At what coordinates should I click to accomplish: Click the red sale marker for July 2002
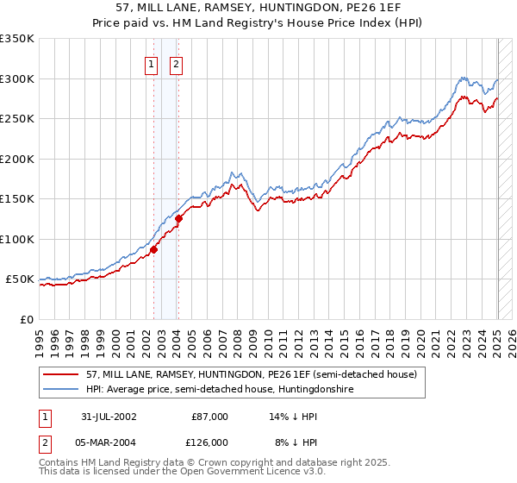pos(153,249)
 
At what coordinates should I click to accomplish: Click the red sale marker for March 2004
pos(178,218)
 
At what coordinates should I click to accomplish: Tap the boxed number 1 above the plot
pos(152,63)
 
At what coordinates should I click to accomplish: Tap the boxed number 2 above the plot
pos(176,63)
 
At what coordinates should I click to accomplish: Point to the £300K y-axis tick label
pos(17,78)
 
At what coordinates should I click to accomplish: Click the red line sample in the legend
pos(61,374)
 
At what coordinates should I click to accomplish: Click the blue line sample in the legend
pos(61,390)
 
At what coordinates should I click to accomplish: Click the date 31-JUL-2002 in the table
pos(108,417)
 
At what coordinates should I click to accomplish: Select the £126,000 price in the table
pos(209,442)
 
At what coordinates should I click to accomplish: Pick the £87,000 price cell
pos(209,417)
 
